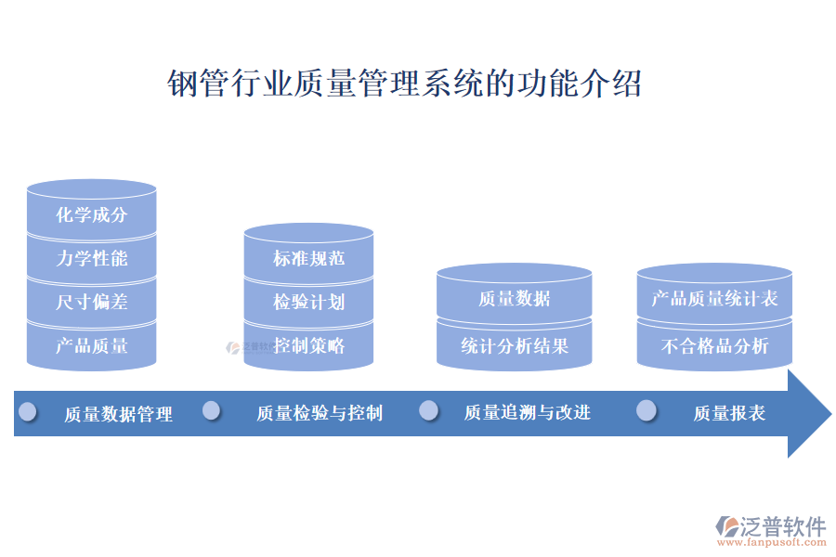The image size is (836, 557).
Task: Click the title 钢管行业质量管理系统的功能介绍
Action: tap(404, 84)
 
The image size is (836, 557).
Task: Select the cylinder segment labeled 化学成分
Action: tap(92, 215)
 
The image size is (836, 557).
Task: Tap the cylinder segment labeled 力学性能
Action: tap(92, 259)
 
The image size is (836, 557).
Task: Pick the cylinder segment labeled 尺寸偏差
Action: tap(92, 303)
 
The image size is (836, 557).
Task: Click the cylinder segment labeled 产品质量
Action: tap(92, 346)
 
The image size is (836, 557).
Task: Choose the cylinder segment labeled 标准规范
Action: tap(308, 258)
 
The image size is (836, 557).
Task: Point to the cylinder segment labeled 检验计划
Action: tap(308, 302)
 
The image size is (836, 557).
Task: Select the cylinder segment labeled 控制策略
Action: tap(308, 345)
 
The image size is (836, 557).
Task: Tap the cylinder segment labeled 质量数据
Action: tap(514, 298)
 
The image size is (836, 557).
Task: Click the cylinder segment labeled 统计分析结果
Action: tap(514, 346)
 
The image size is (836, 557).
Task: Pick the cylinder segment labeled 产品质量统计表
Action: tap(714, 299)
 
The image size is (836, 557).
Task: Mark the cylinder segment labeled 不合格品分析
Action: tap(714, 346)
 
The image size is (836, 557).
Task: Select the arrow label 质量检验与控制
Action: tap(320, 413)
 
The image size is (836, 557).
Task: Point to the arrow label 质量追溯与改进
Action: tap(527, 412)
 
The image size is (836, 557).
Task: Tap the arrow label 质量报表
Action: tap(729, 413)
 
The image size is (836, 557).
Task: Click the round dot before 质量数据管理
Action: tap(28, 410)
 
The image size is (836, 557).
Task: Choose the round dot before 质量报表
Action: tap(647, 410)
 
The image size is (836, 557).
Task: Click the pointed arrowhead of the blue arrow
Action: tap(810, 413)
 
